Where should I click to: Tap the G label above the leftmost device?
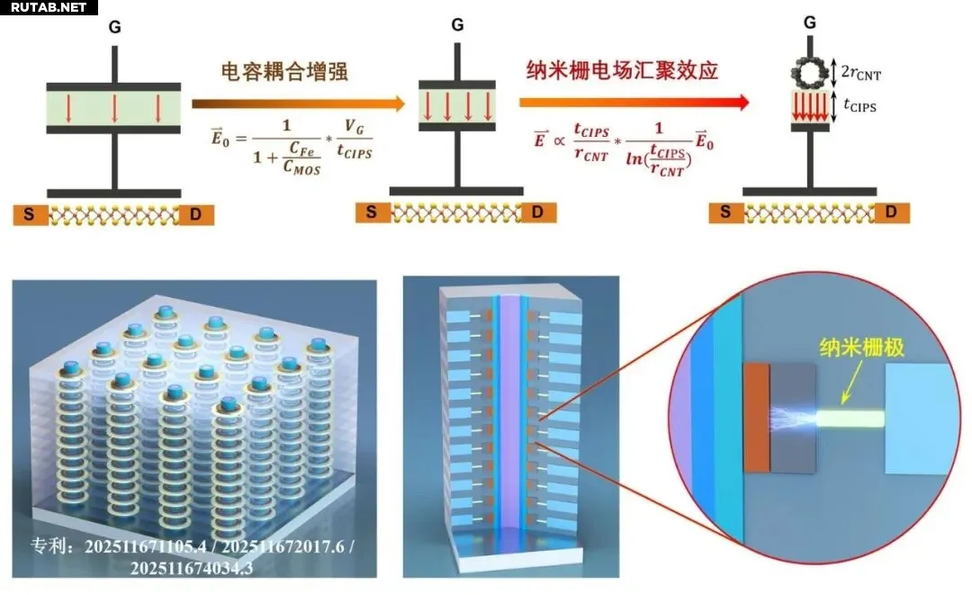pos(114,28)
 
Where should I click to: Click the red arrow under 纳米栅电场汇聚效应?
pos(634,103)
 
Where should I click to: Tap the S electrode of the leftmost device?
pos(29,215)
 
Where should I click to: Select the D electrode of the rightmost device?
pos(891,213)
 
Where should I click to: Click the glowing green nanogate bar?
pos(850,418)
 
